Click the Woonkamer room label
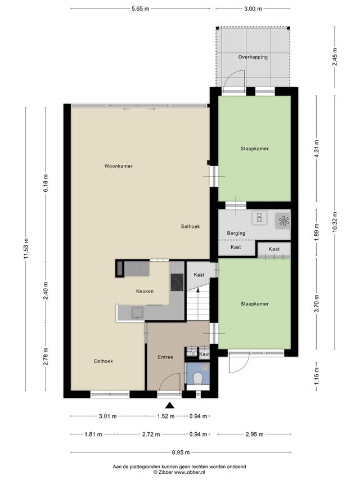119,166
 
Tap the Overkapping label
253,57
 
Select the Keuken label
145,291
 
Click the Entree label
165,357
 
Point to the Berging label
236,234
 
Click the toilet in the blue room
198,378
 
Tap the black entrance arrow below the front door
169,405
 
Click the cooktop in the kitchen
177,282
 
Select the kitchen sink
137,312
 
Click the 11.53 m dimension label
26,249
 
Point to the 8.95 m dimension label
181,452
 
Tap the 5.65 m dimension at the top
141,9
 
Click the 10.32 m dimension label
335,222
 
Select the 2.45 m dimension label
335,57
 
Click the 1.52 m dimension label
165,416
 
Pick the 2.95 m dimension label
254,434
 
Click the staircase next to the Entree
198,305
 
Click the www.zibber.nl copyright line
179,472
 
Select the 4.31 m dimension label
317,149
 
